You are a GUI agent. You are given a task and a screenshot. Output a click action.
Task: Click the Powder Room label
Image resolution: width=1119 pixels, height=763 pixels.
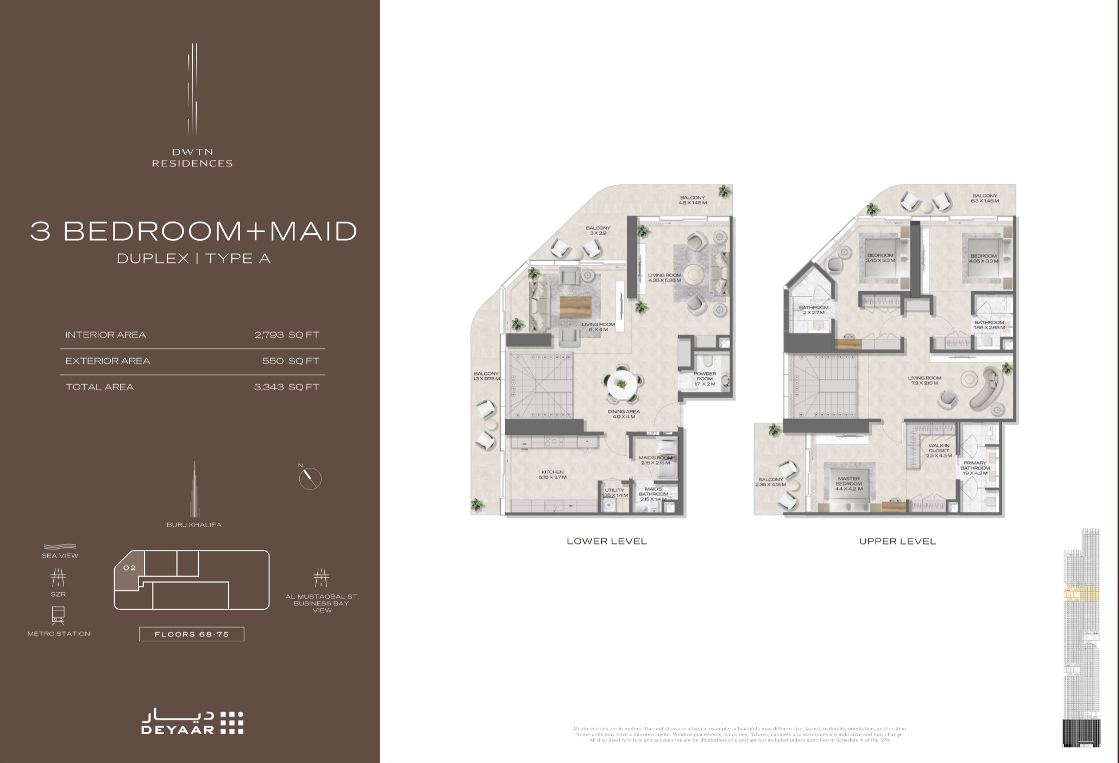click(705, 379)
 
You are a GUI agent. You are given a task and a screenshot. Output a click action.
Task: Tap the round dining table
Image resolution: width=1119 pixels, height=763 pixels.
click(621, 384)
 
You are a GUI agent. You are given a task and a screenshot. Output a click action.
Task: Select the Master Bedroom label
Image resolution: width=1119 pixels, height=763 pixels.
click(848, 484)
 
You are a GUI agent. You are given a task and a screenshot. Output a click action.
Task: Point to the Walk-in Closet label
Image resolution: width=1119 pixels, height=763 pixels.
click(939, 451)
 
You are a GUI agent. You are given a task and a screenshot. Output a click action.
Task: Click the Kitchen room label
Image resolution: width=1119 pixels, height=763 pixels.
click(552, 474)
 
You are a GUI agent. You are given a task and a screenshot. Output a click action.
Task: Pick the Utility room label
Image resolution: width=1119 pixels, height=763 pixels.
click(615, 492)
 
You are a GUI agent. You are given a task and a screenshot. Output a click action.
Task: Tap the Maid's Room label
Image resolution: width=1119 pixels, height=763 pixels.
click(655, 460)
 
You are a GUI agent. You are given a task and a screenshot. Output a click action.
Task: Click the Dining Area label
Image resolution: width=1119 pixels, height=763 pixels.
click(624, 414)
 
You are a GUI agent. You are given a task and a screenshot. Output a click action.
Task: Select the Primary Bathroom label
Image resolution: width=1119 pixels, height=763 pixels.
click(975, 468)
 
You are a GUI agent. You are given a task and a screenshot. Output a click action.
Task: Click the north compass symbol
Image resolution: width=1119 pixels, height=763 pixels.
click(310, 478)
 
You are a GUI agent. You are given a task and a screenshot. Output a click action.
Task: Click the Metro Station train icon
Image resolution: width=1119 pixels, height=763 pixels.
click(58, 616)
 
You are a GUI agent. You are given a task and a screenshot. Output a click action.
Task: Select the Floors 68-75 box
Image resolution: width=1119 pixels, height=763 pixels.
click(192, 634)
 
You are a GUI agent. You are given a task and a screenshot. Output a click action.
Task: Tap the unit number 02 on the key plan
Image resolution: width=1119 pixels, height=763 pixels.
click(129, 568)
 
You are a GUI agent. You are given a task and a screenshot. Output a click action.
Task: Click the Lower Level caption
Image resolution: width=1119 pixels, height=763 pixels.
click(607, 541)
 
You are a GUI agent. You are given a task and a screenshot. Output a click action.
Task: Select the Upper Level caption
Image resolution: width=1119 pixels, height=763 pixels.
click(897, 541)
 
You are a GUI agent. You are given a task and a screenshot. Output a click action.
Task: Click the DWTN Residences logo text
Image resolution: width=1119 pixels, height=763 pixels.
click(192, 158)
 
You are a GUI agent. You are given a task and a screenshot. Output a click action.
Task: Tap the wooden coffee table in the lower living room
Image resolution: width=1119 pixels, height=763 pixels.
click(575, 307)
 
